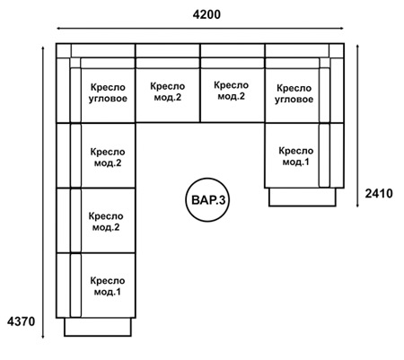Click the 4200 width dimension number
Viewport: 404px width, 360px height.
pos(206,14)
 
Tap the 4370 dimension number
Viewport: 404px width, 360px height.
pos(22,321)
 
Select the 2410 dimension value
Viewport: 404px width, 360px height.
pos(379,194)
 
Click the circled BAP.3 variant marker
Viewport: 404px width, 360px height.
pos(208,200)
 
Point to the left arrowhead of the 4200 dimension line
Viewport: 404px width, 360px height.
pos(58,29)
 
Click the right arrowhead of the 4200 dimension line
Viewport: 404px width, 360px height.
pos(341,29)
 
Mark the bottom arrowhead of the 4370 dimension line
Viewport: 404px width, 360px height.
pos(43,336)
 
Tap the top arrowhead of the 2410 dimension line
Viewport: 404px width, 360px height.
pos(357,48)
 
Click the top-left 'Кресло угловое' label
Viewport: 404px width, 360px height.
pos(108,92)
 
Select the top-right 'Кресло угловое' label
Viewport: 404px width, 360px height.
pos(294,93)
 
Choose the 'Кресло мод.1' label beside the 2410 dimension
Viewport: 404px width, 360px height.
pos(296,156)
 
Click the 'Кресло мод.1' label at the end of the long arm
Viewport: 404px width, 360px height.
pos(108,286)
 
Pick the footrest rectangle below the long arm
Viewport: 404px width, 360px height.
pos(98,327)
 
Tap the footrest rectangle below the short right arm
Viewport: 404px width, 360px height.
pos(303,198)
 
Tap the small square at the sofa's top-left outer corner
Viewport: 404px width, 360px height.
pos(64,50)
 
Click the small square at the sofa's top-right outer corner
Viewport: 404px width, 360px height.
pos(337,50)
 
